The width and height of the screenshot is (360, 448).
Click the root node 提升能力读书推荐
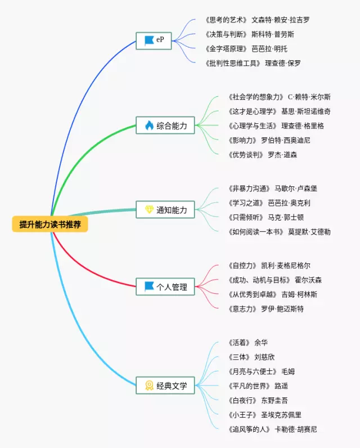coord(50,225)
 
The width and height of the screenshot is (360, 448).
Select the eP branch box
coord(154,41)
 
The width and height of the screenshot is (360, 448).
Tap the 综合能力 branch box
coord(165,126)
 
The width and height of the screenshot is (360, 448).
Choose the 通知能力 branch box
coord(165,210)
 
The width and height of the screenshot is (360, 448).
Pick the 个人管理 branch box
coord(165,286)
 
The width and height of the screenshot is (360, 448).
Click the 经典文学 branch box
coord(165,386)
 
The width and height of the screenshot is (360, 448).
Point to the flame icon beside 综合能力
coord(149,126)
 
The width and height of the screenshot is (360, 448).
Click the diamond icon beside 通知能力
coord(149,210)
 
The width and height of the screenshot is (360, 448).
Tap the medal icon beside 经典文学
coord(149,386)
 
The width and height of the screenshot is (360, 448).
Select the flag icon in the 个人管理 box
coord(149,286)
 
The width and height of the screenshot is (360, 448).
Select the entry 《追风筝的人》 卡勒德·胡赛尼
coord(273,429)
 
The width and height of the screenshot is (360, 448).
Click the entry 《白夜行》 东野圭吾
coord(259,400)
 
